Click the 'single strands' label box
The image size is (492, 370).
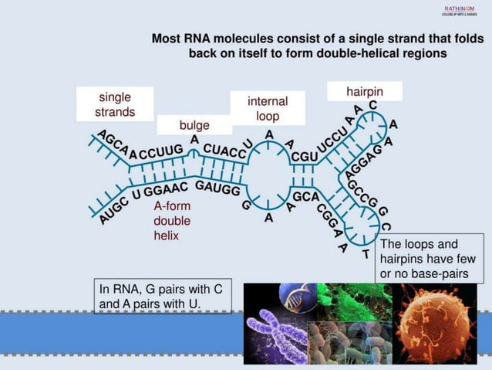[x=114, y=104]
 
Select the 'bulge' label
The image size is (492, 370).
[x=194, y=125]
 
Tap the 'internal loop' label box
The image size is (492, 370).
[x=267, y=108]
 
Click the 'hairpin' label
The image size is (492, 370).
[x=364, y=91]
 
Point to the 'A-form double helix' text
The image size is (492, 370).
[x=172, y=221]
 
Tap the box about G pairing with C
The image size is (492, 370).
[x=162, y=296]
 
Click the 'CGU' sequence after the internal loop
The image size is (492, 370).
[x=304, y=156]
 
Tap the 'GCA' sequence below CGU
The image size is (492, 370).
[x=305, y=197]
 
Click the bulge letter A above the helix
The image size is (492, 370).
[x=194, y=139]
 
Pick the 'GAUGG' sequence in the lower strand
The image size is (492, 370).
[x=217, y=188]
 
